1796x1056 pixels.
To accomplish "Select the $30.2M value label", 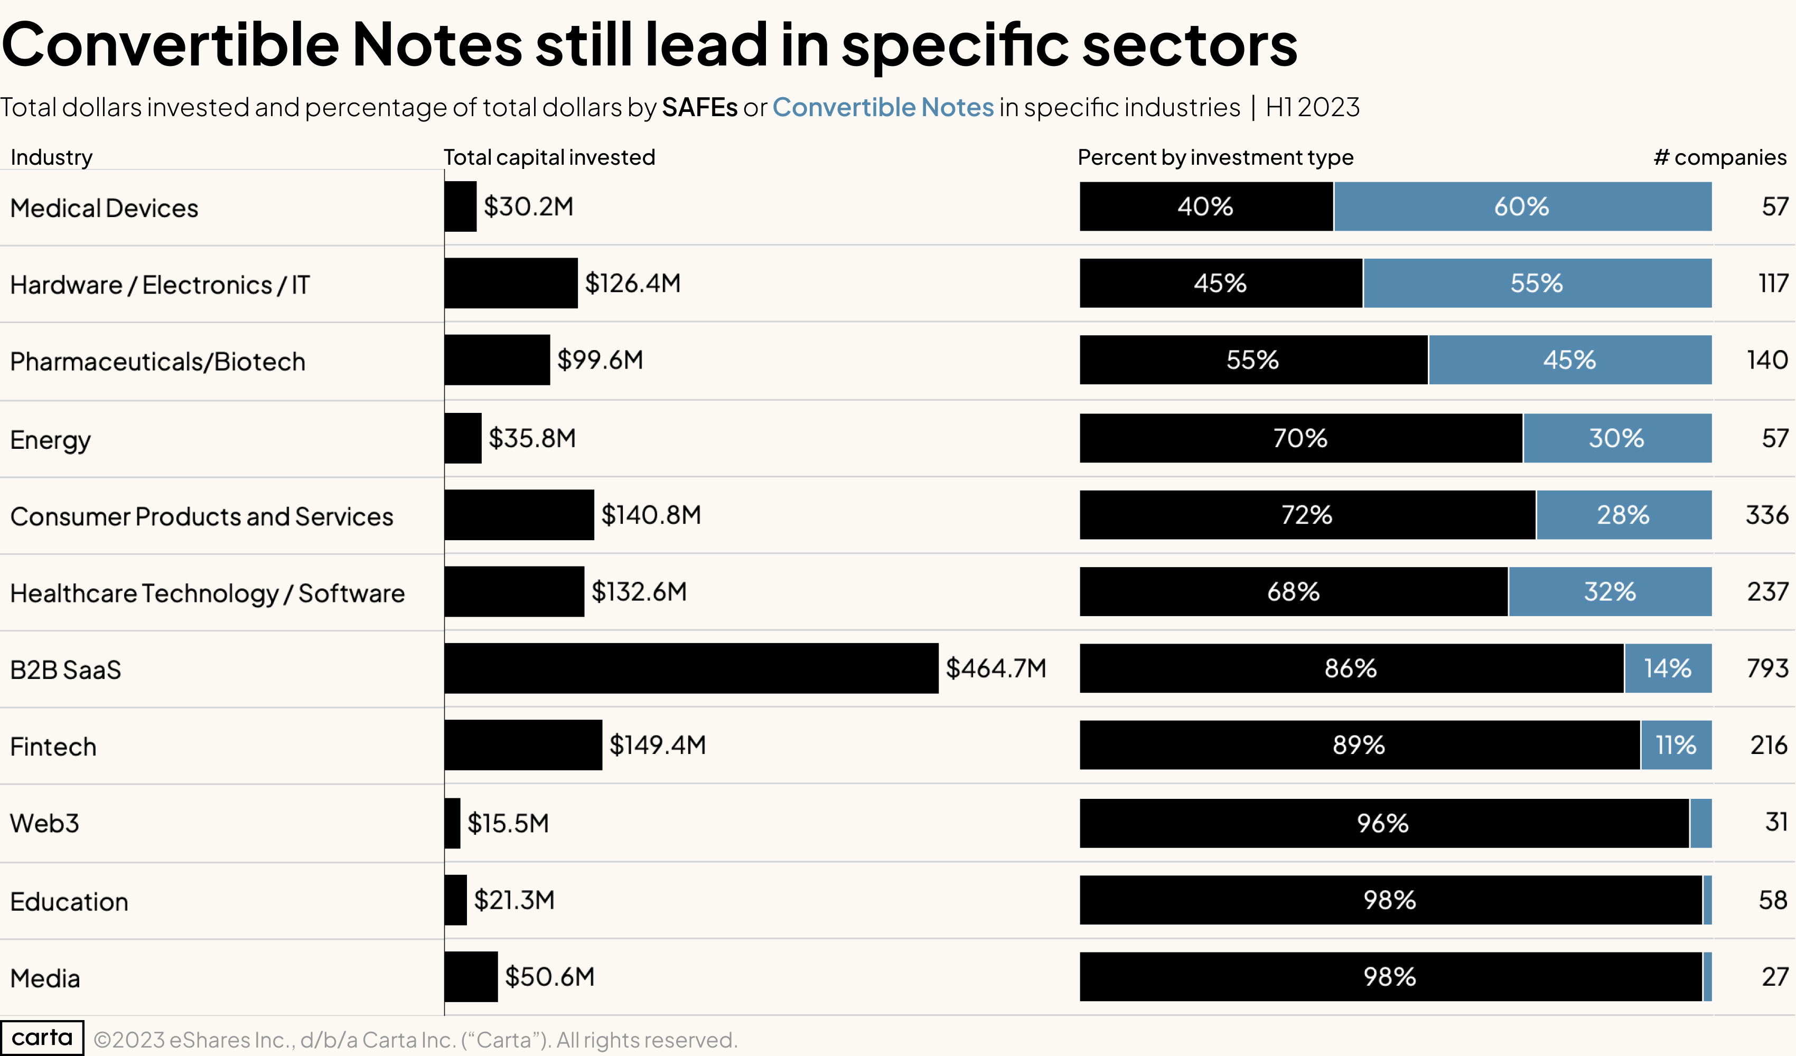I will point(528,206).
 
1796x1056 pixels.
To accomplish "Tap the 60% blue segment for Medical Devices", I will point(1522,206).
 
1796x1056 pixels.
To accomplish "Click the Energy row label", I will point(50,440).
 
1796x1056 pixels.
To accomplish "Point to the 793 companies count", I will point(1767,668).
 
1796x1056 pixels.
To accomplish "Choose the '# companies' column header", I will point(1719,157).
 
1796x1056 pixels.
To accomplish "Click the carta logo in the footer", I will point(42,1038).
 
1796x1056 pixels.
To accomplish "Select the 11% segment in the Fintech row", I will point(1675,744).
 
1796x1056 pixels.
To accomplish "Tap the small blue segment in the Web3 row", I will point(1700,823).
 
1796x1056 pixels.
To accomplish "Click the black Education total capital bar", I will point(455,900).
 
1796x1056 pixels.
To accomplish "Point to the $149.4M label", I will point(657,744).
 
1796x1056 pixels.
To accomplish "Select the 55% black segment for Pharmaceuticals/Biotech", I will point(1252,360).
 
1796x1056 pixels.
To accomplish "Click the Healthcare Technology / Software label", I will point(207,593).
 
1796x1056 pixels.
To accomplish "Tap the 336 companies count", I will point(1766,514).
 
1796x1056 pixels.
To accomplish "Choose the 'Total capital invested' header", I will point(549,157).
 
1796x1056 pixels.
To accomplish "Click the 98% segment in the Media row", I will point(1390,976).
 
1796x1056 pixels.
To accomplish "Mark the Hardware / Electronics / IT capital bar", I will point(510,283).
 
